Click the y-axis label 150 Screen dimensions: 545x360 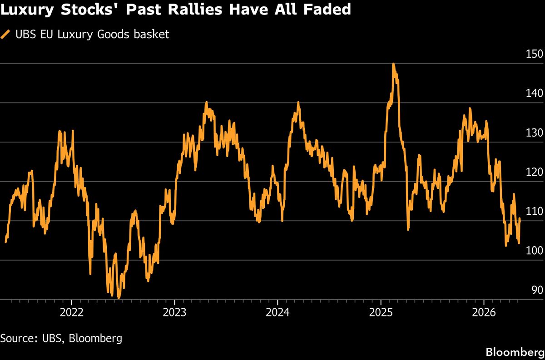click(534, 54)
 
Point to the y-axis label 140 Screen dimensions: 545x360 click(534, 93)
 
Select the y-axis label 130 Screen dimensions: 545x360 click(534, 133)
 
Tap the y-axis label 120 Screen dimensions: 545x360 click(534, 172)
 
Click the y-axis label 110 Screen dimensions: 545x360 click(534, 212)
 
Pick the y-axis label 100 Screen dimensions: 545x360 click(534, 251)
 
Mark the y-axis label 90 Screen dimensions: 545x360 click(537, 290)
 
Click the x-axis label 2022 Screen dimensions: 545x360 click(72, 312)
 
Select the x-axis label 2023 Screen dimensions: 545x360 click(174, 312)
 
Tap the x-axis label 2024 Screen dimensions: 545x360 click(277, 312)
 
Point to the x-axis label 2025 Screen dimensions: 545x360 click(381, 312)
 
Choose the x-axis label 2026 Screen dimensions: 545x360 click(484, 312)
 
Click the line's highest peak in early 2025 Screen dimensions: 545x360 click(393, 64)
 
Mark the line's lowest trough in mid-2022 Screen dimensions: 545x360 click(119, 298)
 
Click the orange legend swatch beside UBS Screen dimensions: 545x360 click(5, 35)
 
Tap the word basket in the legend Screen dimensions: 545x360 click(151, 35)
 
